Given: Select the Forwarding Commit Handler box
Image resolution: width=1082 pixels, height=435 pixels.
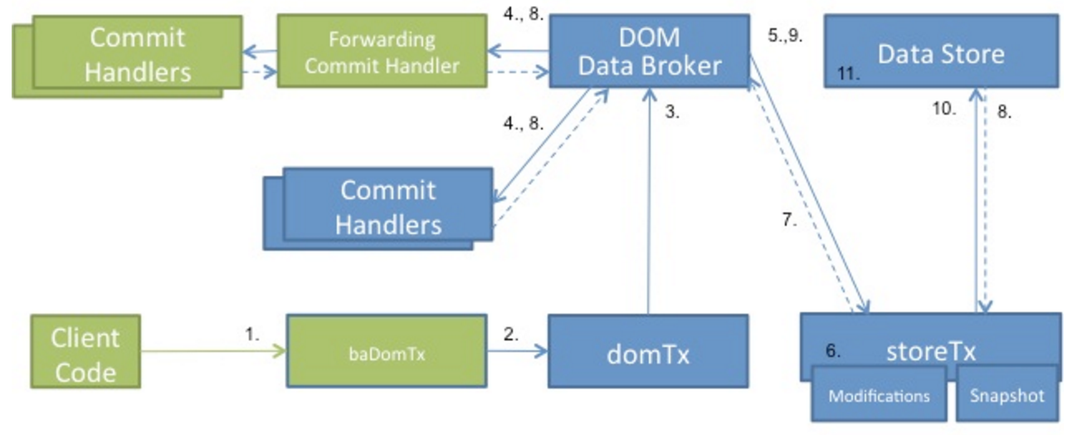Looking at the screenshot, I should [381, 52].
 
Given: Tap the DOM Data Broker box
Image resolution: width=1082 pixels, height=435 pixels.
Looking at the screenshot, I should [649, 51].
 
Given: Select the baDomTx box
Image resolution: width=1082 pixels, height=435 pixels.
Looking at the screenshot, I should [387, 349].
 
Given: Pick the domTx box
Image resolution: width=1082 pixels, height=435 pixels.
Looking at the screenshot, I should [647, 352].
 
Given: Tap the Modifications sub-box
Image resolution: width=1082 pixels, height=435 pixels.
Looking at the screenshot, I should [879, 395].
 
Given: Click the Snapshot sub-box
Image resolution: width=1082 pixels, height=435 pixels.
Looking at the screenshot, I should [1007, 395].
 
